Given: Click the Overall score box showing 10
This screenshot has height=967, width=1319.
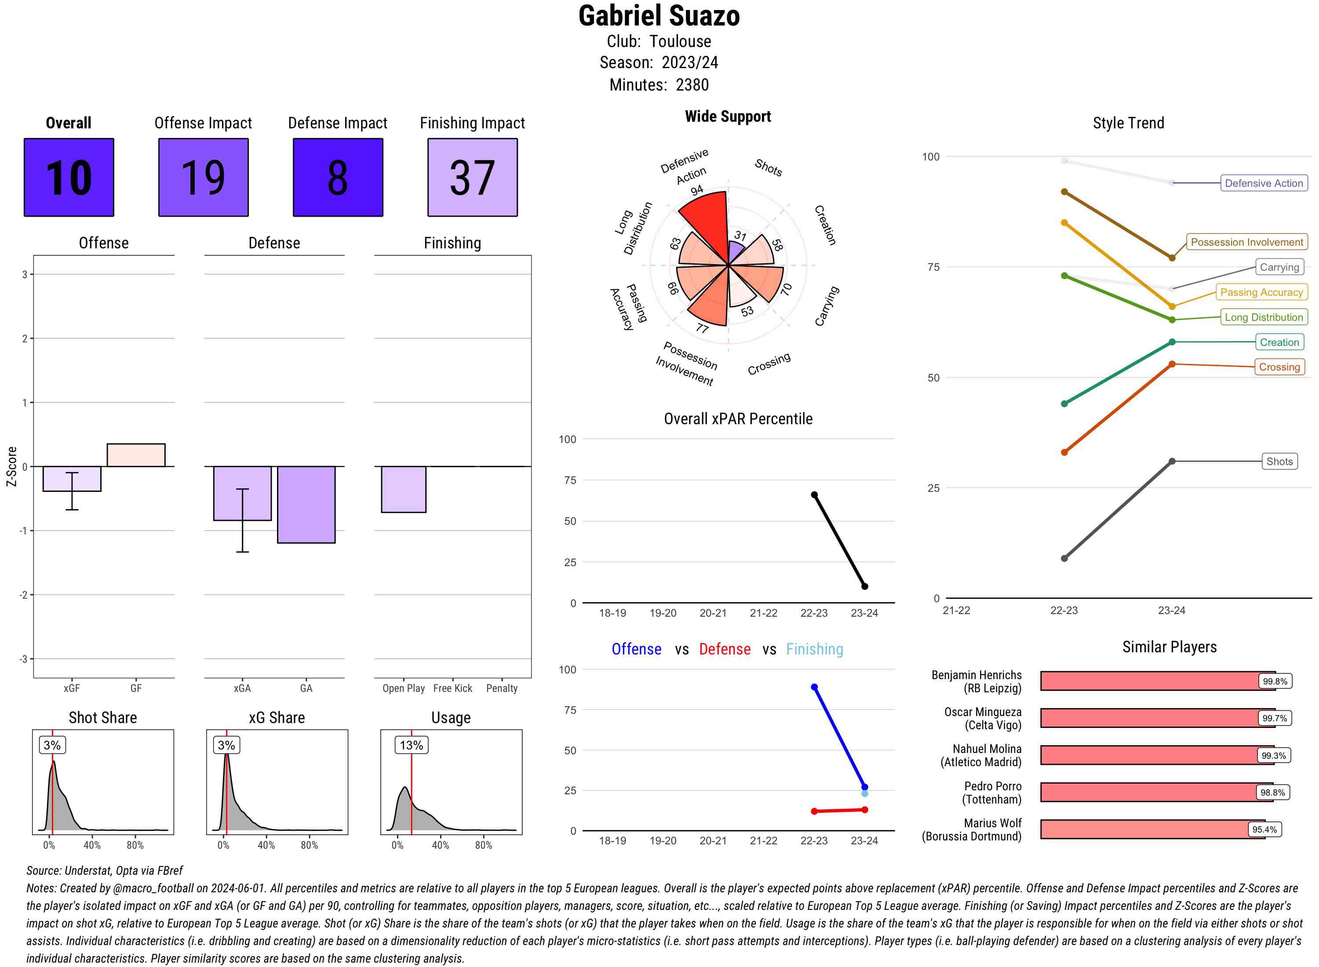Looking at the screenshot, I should point(69,178).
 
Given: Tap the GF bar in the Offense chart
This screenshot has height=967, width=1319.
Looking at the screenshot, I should point(136,455).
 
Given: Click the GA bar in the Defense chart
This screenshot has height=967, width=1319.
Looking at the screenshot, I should point(306,505).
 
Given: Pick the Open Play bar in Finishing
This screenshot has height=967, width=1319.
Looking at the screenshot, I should point(403,489).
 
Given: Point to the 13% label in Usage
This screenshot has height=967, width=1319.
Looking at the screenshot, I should point(411,745).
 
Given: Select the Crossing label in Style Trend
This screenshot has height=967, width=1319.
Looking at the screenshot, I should point(1279,367).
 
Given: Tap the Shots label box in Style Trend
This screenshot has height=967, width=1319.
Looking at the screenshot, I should point(1279,461).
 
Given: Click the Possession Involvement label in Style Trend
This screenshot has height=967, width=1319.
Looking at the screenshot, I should point(1246,242).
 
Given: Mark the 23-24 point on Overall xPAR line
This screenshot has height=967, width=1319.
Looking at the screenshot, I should point(864,586).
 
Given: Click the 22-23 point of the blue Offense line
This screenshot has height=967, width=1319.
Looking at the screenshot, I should point(814,687).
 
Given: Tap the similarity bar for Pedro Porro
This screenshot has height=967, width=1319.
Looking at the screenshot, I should point(1148,792).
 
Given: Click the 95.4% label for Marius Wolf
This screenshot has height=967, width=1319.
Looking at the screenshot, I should point(1264,829).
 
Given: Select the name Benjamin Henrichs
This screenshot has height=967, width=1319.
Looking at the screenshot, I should point(976,675).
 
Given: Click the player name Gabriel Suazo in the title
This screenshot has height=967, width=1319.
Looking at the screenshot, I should point(659,16).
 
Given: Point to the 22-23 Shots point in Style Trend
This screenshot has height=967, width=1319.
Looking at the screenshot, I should point(1064,558).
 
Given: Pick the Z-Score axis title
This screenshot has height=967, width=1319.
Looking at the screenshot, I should point(11,466).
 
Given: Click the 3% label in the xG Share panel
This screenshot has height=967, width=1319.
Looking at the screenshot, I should point(226,745).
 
